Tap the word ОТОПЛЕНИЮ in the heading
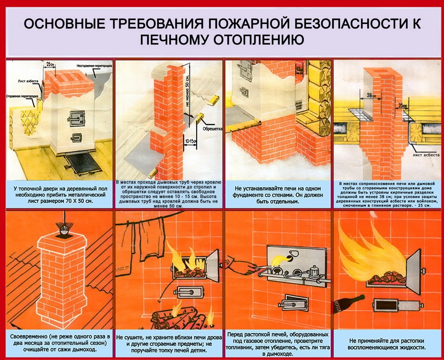coord(255,40)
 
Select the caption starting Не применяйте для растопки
coord(388,344)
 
